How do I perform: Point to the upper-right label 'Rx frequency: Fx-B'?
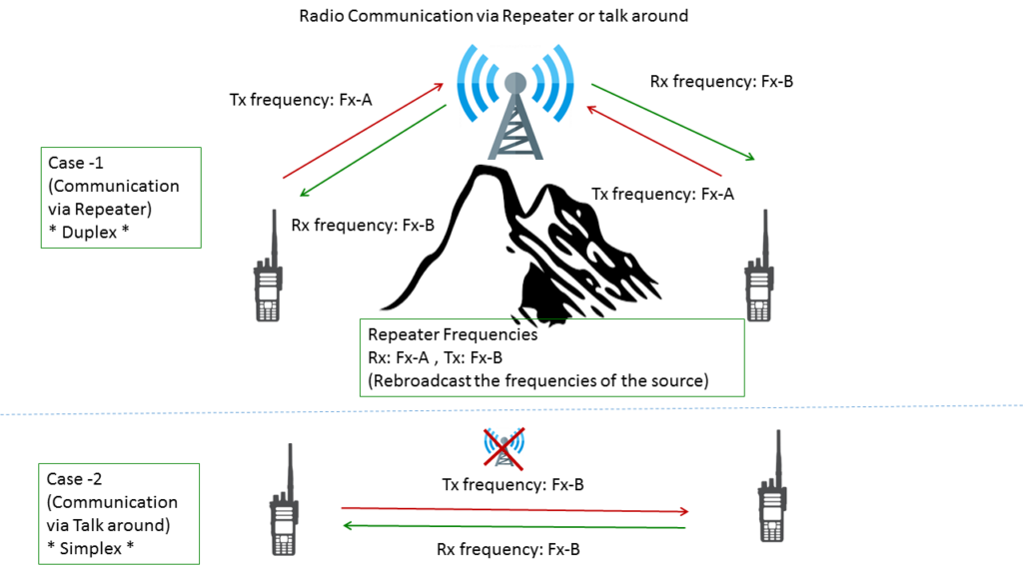tap(721, 82)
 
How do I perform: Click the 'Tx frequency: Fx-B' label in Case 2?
tap(512, 485)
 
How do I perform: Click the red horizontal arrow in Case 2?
tap(515, 509)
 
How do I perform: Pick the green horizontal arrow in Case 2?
tap(515, 526)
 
